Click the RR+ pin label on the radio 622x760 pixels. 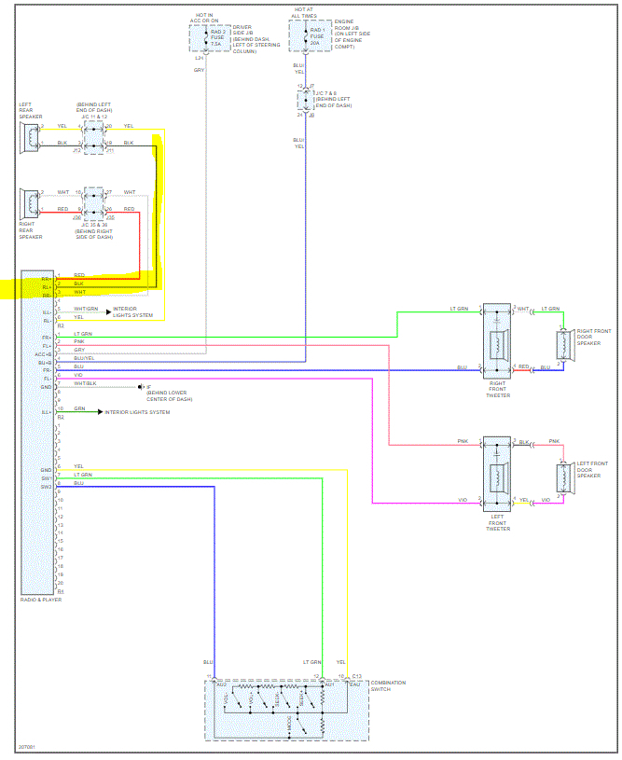pyautogui.click(x=46, y=277)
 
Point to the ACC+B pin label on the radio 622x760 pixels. pyautogui.click(x=44, y=354)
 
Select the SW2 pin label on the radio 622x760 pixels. pyautogui.click(x=45, y=487)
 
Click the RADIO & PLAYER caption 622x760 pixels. pyautogui.click(x=42, y=601)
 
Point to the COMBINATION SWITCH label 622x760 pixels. pyautogui.click(x=388, y=686)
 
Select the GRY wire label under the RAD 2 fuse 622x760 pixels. pyautogui.click(x=199, y=71)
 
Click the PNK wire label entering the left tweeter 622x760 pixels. pyautogui.click(x=463, y=441)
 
